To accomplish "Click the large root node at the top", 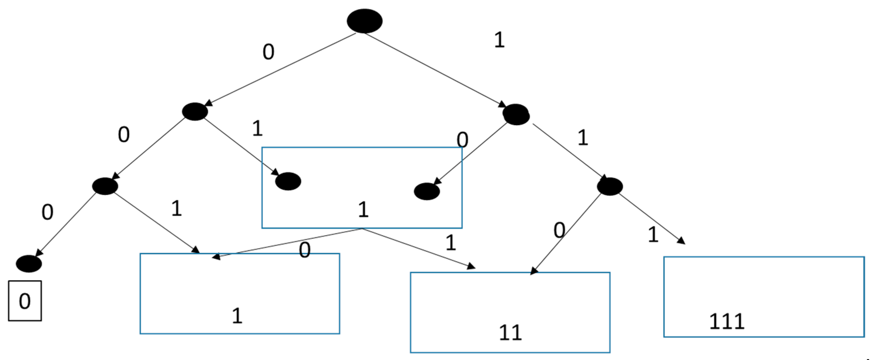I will coord(364,21).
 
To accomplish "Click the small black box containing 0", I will coord(25,301).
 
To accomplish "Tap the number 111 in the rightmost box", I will coord(726,321).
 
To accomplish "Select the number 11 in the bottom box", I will coord(510,332).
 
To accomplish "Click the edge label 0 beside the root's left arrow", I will coord(268,52).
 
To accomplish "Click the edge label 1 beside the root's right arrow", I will coord(499,40).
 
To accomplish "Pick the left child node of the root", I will coord(195,111).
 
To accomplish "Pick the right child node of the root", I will coord(516,114).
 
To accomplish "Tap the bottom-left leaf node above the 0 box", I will coord(29,264).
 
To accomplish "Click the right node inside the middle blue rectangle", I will coord(427,191).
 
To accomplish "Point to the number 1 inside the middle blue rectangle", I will coord(363,209).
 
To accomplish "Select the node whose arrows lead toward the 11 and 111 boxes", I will coord(610,186).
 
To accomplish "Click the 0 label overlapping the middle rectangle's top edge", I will coord(462,139).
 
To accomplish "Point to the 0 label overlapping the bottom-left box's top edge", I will coord(304,251).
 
